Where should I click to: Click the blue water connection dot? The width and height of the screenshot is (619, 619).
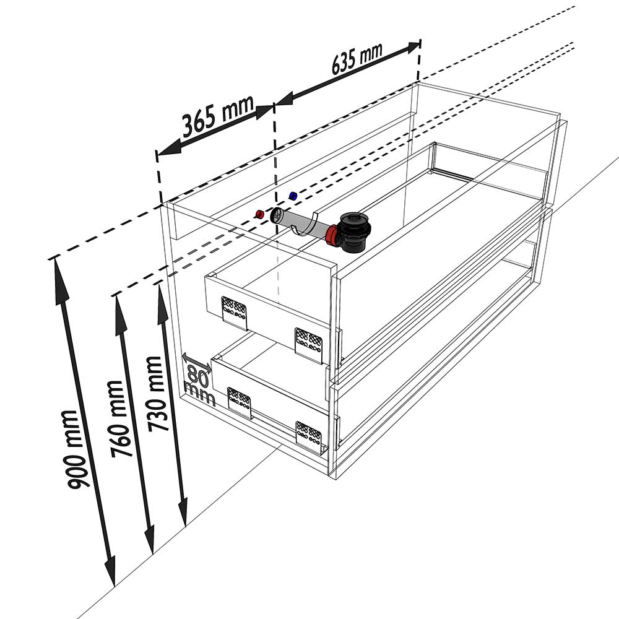(x=293, y=196)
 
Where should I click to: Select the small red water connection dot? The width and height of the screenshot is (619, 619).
(x=260, y=214)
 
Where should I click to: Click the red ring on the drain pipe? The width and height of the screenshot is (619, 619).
(x=333, y=236)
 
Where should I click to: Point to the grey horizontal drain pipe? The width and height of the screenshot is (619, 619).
(x=300, y=224)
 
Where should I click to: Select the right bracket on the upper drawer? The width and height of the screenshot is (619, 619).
(x=309, y=344)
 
